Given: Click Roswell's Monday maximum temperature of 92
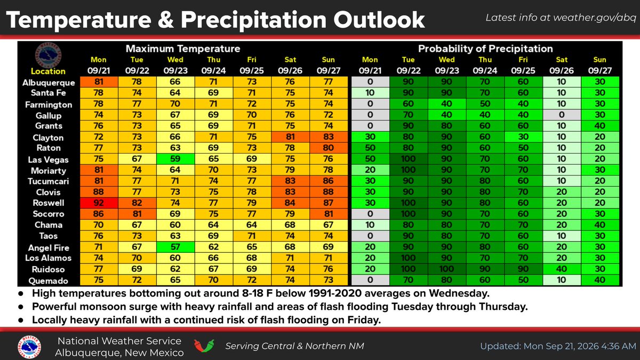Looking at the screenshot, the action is point(99,203).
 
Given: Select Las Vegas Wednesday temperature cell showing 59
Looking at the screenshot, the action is point(175,159).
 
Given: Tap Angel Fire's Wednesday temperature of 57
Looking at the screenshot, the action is point(175,247).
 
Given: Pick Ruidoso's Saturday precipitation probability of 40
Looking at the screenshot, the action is point(562,269).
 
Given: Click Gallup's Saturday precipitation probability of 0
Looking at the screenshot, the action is point(562,115).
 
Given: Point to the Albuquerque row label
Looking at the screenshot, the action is point(49,83).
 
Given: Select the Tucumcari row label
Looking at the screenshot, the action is point(49,181).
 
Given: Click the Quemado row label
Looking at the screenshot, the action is point(49,281).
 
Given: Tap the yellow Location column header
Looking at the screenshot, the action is point(48,71).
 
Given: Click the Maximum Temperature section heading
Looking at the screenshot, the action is point(183,49).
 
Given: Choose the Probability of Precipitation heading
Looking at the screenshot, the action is point(485,49).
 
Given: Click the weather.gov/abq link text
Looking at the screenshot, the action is point(595,18).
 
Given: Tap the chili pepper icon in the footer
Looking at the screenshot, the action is point(204,346).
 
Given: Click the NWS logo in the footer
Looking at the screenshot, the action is point(29,347).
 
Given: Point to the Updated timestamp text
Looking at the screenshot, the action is point(558,346).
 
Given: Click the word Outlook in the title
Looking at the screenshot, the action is point(379,20).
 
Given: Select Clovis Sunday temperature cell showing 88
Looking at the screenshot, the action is point(329,192).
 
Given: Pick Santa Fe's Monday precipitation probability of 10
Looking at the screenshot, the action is point(370,93).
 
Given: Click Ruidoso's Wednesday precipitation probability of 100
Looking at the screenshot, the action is point(446,269).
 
